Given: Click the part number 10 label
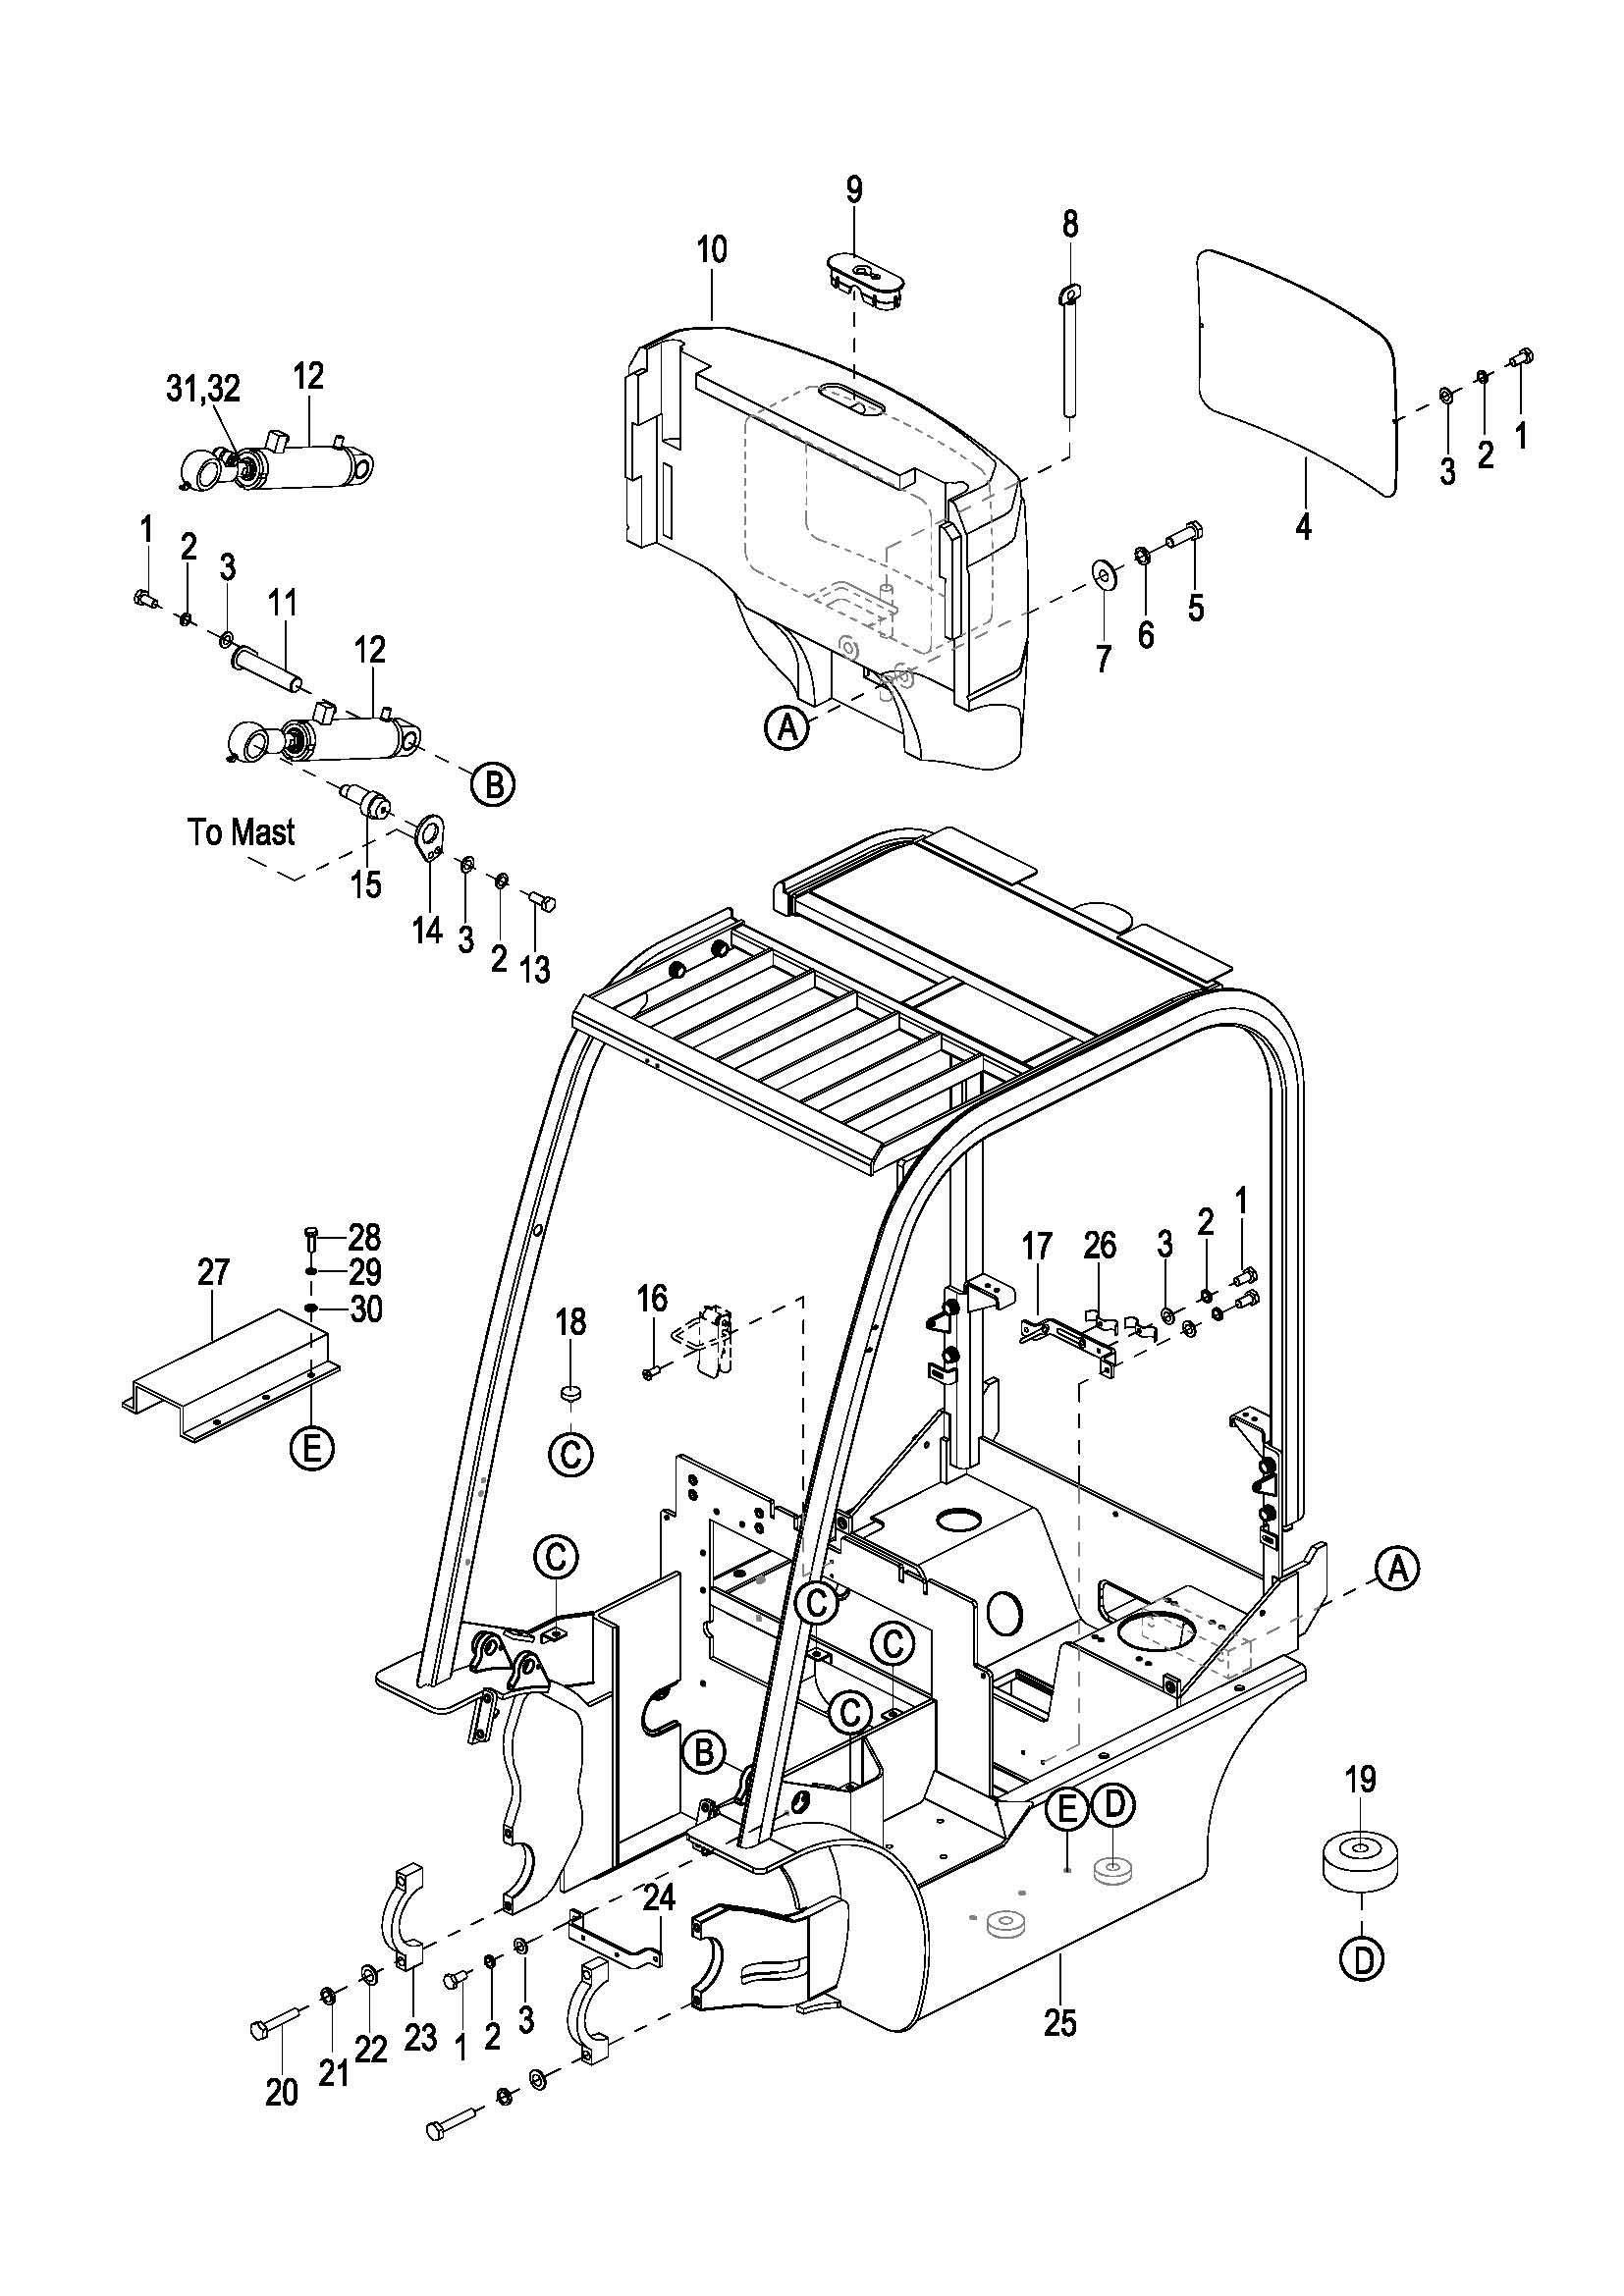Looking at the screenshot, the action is coord(712,249).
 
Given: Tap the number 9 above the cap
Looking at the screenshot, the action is coord(854,190).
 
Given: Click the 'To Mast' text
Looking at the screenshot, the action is coord(242,832).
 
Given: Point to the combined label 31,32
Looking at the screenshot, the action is coord(203,389).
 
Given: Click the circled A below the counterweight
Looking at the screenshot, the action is coord(788,728).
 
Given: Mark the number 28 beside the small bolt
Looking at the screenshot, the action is coord(364,1237).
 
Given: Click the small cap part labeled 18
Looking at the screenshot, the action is coord(571,1392).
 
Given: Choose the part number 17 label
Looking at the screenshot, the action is coord(1037,1246).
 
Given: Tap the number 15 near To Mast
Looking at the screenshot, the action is coord(367,884).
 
